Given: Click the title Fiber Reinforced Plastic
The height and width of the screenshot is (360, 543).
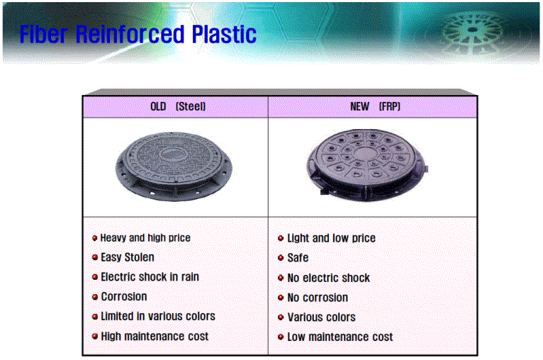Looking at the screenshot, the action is pos(138,34).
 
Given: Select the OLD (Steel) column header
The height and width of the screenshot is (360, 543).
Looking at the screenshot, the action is pos(178,106).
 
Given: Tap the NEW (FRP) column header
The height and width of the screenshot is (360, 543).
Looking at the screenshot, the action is pos(375,106).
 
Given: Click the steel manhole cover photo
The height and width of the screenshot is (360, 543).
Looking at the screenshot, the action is pos(174,167).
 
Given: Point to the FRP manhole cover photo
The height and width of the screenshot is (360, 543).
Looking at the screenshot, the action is pos(366,165).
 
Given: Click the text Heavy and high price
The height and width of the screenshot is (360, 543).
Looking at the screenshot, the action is pos(145,238).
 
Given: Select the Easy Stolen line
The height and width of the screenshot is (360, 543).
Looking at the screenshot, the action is pos(128,257).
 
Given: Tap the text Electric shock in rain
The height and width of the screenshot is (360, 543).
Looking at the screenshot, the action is pos(150,277).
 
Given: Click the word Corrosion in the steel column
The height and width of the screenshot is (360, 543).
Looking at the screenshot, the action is pos(124,297).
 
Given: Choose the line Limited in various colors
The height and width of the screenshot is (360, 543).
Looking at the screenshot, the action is pos(158,316).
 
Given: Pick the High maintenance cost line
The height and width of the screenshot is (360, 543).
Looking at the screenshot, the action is pos(155,337).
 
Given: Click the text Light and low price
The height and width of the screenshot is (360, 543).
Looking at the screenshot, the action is pos(332,238).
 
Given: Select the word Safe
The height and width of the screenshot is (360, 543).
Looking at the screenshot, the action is pos(298,258).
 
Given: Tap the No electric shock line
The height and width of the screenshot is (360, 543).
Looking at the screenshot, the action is pos(329,278).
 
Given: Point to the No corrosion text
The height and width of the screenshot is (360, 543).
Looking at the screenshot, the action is pos(318,298).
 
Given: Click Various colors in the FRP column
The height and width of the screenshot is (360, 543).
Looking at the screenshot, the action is pos(321,317).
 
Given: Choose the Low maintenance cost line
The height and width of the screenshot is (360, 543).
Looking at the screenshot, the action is pos(340,337).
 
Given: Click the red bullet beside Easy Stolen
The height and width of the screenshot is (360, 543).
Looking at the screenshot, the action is pos(95,257).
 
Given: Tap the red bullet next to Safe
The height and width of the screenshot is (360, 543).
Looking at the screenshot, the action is pos(281,258).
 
